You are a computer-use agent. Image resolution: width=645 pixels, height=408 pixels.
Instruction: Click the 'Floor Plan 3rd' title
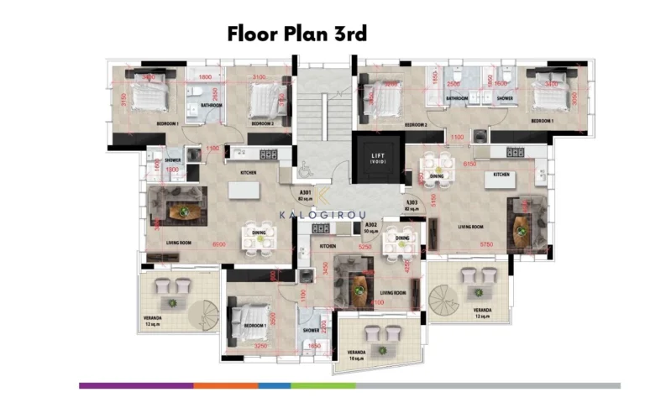click(x=296, y=34)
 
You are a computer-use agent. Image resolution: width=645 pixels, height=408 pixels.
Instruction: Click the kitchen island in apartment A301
click(x=243, y=190)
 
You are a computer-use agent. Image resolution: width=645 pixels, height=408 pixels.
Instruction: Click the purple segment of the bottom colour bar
click(x=136, y=385)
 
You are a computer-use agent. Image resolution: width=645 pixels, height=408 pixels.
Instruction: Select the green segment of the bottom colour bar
click(x=323, y=385)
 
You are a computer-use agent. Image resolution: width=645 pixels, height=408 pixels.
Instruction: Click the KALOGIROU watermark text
click(x=322, y=215)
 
